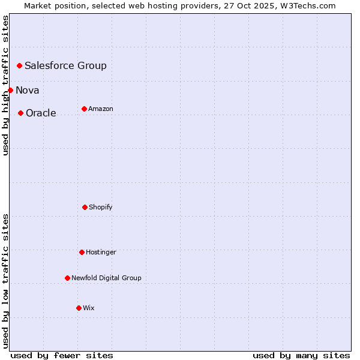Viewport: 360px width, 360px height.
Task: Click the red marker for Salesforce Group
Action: pos(19,65)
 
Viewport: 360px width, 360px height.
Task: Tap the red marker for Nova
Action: pos(10,90)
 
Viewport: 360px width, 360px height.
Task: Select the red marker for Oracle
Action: pos(20,113)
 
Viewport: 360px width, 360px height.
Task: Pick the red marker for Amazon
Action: pos(84,109)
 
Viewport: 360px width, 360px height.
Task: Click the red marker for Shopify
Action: pos(85,207)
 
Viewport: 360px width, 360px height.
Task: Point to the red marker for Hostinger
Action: pos(82,252)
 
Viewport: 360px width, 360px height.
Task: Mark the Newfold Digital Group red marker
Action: pos(67,278)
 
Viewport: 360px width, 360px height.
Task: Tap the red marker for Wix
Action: pos(79,308)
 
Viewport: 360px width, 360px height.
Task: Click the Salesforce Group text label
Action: pos(65,65)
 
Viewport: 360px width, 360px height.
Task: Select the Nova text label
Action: pos(28,90)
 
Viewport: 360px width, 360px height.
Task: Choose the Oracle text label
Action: pos(41,113)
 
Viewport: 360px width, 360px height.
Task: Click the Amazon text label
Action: pos(101,109)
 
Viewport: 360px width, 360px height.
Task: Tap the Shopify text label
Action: pos(101,207)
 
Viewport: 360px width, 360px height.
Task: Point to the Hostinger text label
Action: pos(101,252)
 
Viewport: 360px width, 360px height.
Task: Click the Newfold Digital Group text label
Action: pos(106,278)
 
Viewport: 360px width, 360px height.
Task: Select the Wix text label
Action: pos(89,308)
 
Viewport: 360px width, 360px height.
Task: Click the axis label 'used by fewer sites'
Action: pos(62,355)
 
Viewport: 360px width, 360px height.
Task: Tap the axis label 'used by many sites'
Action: pos(301,355)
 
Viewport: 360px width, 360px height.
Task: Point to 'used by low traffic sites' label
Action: pos(5,281)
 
